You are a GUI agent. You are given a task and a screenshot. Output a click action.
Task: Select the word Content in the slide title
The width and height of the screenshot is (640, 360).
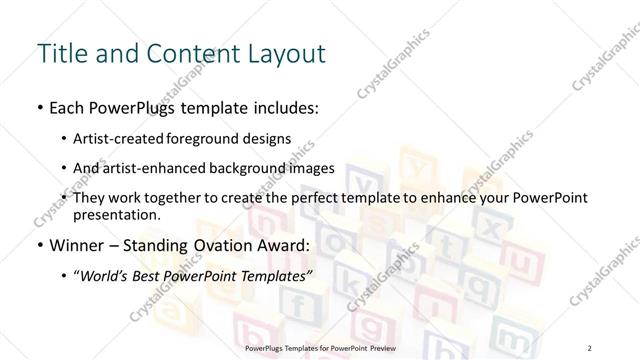click(190, 52)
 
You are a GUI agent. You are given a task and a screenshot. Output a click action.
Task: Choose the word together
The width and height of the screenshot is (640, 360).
click(186, 198)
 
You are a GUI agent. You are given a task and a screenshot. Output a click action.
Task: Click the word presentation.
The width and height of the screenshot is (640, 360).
click(117, 214)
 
